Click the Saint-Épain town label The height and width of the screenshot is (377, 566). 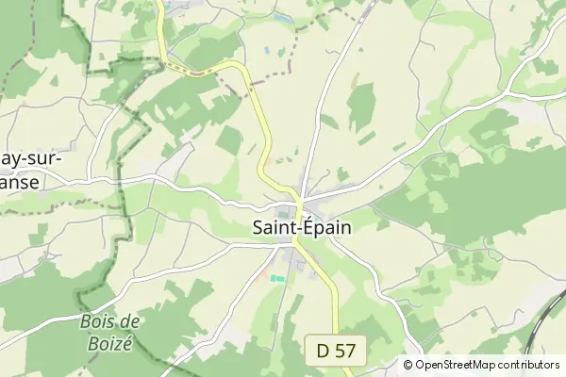pyautogui.click(x=302, y=227)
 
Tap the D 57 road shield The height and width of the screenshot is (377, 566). pyautogui.click(x=337, y=351)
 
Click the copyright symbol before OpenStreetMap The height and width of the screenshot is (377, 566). pyautogui.click(x=408, y=365)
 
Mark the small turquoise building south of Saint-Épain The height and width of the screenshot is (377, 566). pyautogui.click(x=277, y=278)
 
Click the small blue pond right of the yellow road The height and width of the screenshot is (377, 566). pyautogui.click(x=267, y=50)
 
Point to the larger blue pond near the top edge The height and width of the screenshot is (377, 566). pyautogui.click(x=283, y=17)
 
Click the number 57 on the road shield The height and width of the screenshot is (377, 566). pyautogui.click(x=346, y=351)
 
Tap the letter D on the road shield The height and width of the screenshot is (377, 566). pyautogui.click(x=325, y=351)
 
